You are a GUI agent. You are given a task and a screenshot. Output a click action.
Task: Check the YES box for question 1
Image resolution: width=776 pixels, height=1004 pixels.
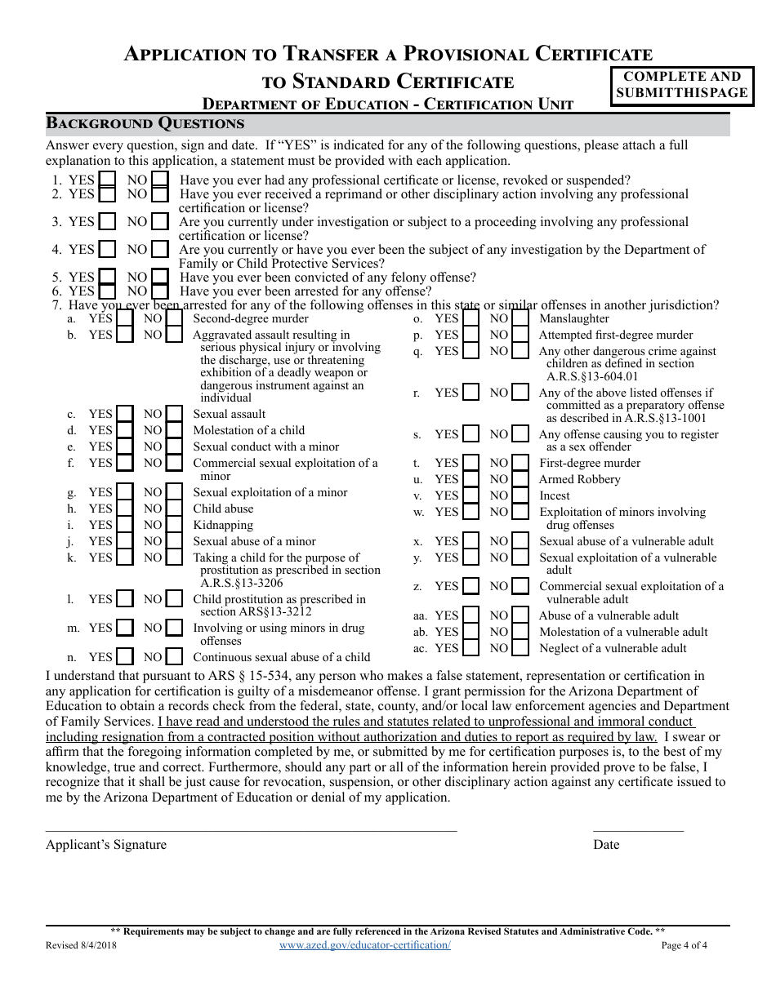(x=107, y=180)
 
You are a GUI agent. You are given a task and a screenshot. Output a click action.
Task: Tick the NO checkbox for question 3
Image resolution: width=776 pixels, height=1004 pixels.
(x=160, y=222)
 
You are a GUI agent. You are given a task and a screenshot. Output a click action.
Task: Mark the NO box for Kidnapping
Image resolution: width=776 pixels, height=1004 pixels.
(x=174, y=525)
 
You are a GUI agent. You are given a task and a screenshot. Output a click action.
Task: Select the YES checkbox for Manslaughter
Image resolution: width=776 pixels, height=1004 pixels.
(x=471, y=319)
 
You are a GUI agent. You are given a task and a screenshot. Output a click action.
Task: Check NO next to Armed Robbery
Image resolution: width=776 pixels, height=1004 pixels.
(x=520, y=479)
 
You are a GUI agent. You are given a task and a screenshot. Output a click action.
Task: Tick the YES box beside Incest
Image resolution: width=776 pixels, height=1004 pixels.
(x=471, y=495)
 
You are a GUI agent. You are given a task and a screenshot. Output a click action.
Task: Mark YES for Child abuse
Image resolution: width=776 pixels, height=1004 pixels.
(x=124, y=509)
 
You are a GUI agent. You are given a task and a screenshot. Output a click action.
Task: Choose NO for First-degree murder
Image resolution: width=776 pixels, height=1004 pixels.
(x=520, y=463)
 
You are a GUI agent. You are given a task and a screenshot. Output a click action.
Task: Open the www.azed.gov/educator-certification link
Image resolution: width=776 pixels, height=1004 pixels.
(x=364, y=944)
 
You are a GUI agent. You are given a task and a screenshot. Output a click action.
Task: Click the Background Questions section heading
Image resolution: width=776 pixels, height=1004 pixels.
(x=145, y=123)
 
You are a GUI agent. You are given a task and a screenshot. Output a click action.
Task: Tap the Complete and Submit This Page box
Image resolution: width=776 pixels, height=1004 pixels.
(x=681, y=85)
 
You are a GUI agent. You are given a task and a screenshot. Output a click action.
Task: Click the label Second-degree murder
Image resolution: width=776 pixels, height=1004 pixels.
(x=251, y=319)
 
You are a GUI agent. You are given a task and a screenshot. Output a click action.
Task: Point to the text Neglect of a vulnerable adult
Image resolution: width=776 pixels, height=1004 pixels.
(x=613, y=648)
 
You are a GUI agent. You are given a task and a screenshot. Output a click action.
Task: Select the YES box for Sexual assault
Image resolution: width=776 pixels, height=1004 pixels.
(x=124, y=414)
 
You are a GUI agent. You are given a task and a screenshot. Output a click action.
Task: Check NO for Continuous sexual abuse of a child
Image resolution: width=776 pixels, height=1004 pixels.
(x=174, y=657)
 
